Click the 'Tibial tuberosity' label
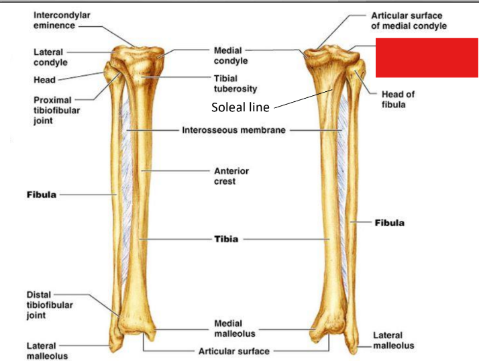235,83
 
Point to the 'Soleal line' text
239,107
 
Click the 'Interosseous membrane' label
234,130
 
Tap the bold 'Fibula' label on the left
40,195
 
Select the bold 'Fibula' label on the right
389,221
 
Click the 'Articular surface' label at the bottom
234,351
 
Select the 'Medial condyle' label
231,56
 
